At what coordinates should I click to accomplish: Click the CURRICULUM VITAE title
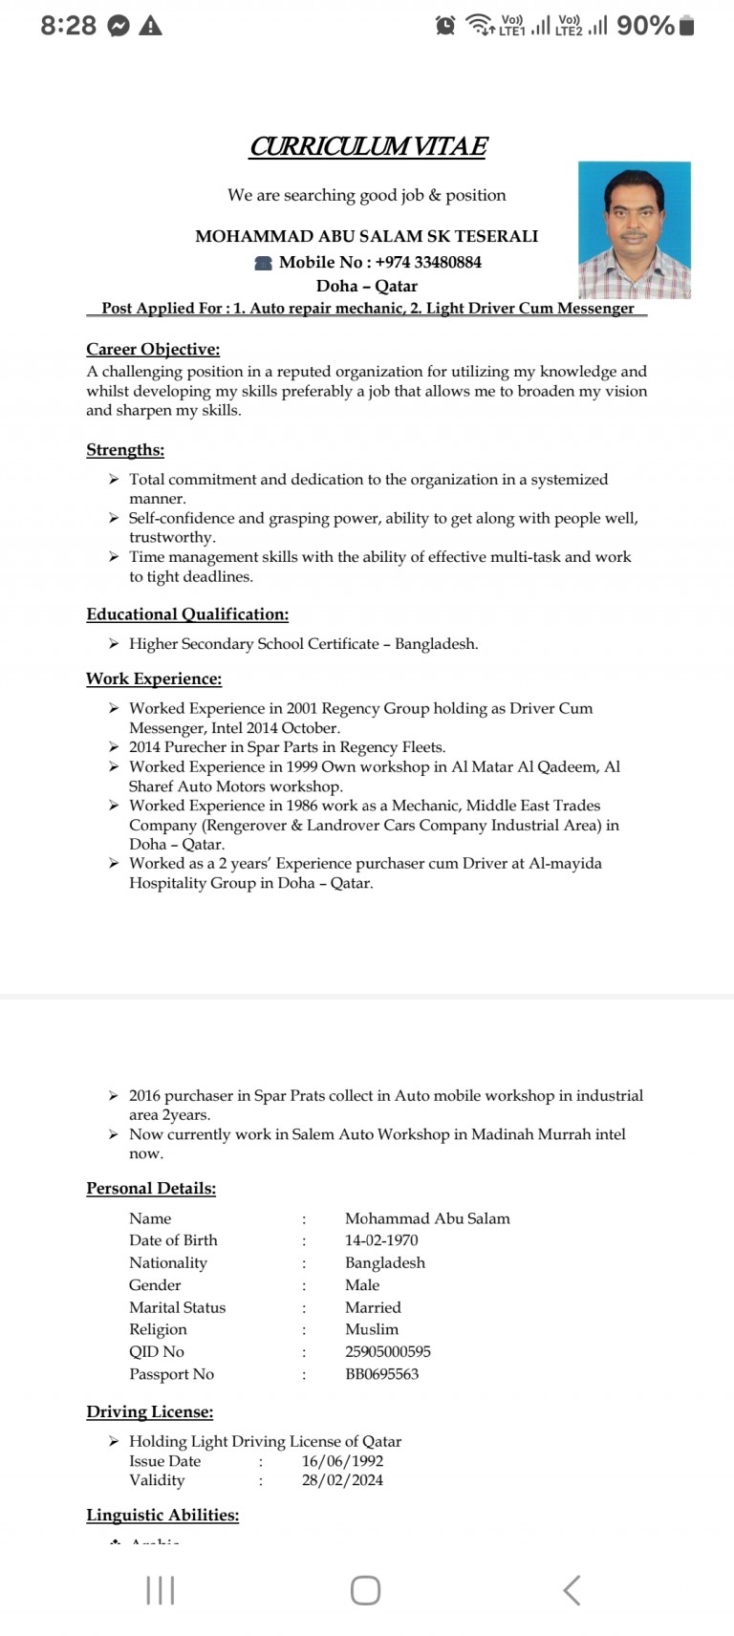coord(368,146)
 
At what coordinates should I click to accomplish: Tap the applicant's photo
coord(634,229)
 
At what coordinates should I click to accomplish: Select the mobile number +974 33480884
coord(428,262)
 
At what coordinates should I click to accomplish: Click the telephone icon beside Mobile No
coord(263,263)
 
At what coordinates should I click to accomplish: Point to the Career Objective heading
coord(153,349)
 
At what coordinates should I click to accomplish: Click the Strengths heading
coord(125,450)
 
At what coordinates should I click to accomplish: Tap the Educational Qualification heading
coord(187,614)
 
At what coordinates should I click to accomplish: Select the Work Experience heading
coord(154,678)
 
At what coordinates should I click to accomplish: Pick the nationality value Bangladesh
coord(385,1262)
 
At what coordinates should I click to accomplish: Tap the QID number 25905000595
coord(388,1351)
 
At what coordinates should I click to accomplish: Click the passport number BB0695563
coord(381,1374)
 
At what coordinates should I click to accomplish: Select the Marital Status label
coord(178,1307)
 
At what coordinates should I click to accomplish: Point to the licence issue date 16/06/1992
coord(342,1461)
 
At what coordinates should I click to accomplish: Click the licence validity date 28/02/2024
coord(342,1480)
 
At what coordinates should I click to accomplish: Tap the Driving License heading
coord(150,1411)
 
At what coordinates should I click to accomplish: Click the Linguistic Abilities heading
coord(162,1515)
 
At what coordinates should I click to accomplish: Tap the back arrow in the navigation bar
coord(572,1590)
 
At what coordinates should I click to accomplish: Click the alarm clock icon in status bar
coord(445,26)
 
